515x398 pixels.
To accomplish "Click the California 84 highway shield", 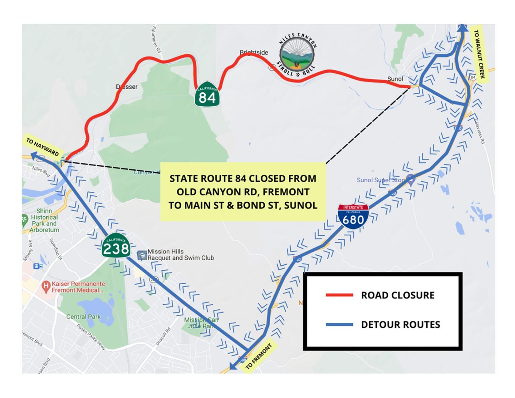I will (207, 94).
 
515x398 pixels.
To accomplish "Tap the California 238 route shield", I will (116, 246).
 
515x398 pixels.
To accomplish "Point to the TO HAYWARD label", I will (42, 147).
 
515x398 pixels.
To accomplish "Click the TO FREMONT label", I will (258, 356).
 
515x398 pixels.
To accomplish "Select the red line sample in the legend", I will (339, 295).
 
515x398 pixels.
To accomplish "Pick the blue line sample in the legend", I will (339, 325).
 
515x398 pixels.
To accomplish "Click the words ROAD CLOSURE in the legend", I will (398, 295).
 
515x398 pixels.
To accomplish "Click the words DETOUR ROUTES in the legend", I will (400, 325).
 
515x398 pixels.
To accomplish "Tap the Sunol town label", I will (395, 79).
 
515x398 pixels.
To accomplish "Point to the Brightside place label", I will (254, 52).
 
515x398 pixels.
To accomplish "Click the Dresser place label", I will (127, 87).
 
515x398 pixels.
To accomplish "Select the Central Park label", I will (83, 317).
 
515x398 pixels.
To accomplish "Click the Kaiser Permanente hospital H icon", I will (46, 285).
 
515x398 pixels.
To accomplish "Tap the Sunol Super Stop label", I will (381, 180).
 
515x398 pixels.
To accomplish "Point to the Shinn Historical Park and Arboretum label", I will (44, 220).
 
